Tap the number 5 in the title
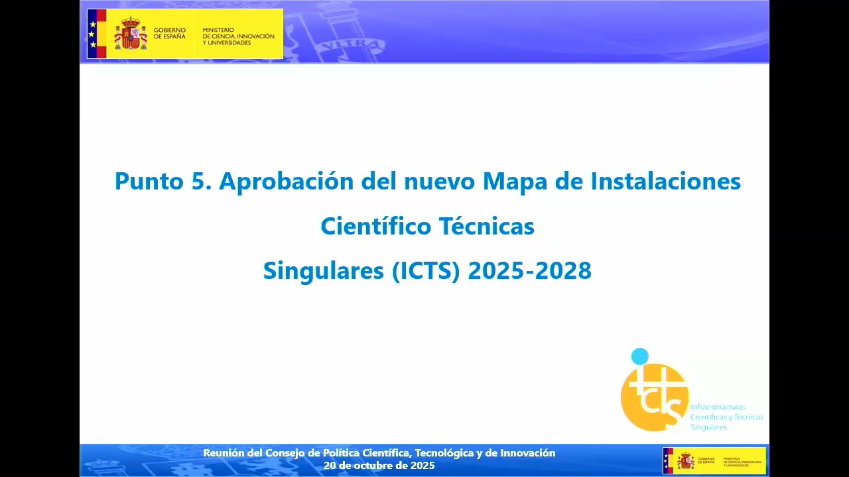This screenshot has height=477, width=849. [198, 181]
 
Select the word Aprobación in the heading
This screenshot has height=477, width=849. [287, 181]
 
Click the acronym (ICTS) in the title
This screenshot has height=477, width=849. [426, 271]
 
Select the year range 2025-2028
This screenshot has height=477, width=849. [530, 271]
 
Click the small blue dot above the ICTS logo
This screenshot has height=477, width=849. [639, 356]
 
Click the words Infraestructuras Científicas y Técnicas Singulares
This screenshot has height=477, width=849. [726, 417]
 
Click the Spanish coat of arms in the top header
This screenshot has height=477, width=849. [131, 34]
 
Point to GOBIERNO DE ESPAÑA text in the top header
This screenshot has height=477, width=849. [169, 34]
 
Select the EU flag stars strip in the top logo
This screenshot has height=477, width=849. [92, 34]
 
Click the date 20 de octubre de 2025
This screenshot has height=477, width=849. [379, 466]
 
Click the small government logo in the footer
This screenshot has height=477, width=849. [714, 460]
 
